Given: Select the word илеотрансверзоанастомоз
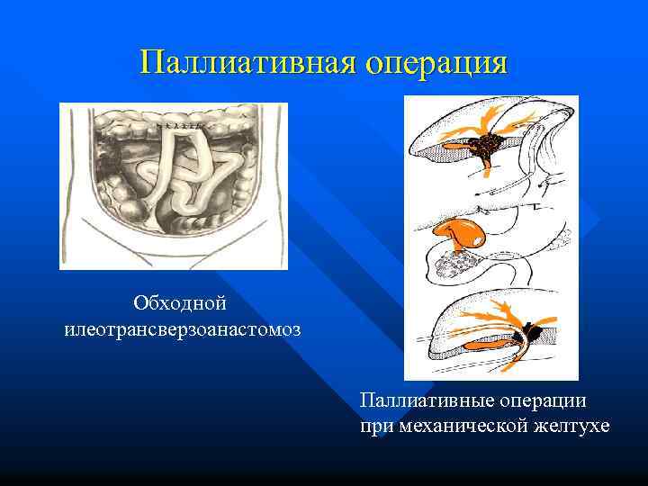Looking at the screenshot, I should point(183,328).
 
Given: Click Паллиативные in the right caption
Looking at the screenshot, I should point(416,400).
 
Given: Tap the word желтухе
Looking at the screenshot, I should point(570,425).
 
